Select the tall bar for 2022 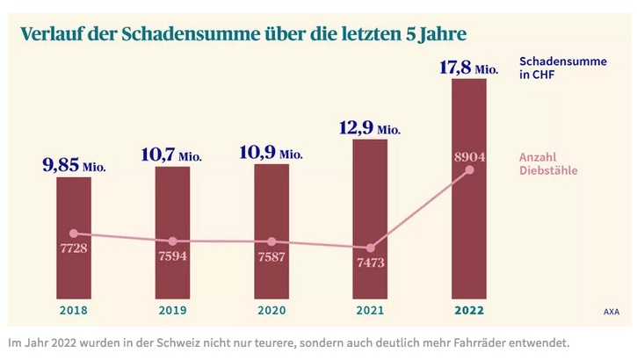468,220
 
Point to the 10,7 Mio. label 172,154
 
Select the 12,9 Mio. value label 370,128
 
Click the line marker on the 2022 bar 469,169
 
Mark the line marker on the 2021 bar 370,248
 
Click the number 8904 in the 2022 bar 468,155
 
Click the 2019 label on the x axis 172,310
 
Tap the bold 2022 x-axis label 468,310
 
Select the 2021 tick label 370,310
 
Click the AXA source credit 611,311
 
